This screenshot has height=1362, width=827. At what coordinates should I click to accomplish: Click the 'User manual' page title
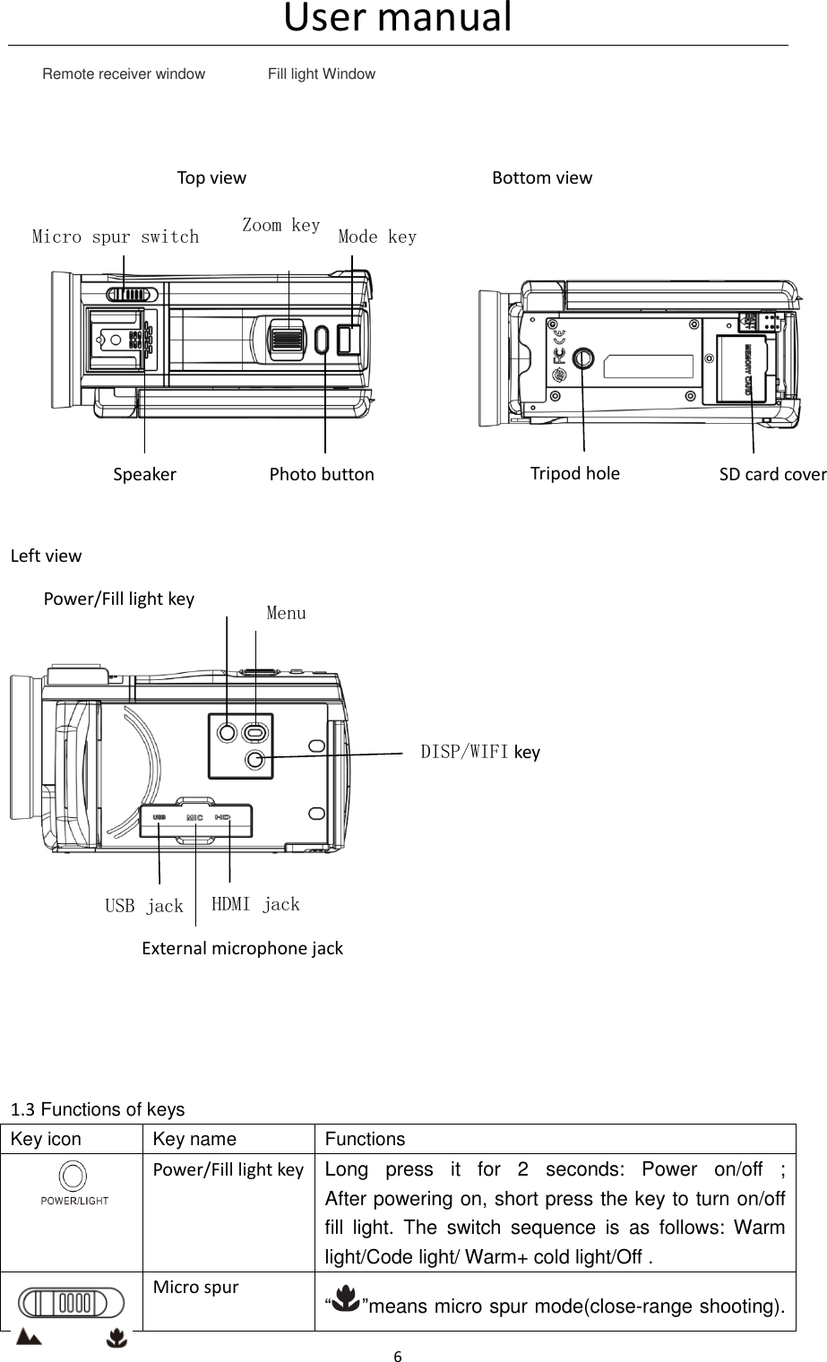click(398, 18)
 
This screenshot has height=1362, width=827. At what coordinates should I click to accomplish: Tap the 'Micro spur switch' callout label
click(116, 237)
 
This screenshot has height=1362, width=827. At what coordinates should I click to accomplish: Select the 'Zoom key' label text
click(281, 225)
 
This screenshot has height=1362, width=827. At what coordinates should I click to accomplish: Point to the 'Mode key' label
click(377, 237)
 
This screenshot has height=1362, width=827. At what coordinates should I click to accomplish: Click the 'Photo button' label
click(322, 474)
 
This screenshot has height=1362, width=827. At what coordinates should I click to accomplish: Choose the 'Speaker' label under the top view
click(144, 474)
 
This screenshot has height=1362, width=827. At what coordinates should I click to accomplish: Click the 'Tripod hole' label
click(574, 472)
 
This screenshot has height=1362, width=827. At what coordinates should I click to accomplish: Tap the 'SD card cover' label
click(772, 474)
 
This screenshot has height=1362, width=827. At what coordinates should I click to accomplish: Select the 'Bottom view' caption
click(542, 177)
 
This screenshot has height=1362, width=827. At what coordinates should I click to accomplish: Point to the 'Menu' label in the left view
click(286, 614)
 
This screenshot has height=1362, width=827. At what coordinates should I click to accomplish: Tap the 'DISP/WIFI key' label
click(480, 752)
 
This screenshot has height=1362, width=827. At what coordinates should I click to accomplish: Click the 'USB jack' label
click(144, 906)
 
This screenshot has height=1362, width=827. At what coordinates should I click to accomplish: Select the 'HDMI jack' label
click(255, 904)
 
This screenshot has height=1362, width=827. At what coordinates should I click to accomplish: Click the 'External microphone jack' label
click(243, 948)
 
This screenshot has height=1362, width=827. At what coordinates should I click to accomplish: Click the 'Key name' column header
click(194, 1140)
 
